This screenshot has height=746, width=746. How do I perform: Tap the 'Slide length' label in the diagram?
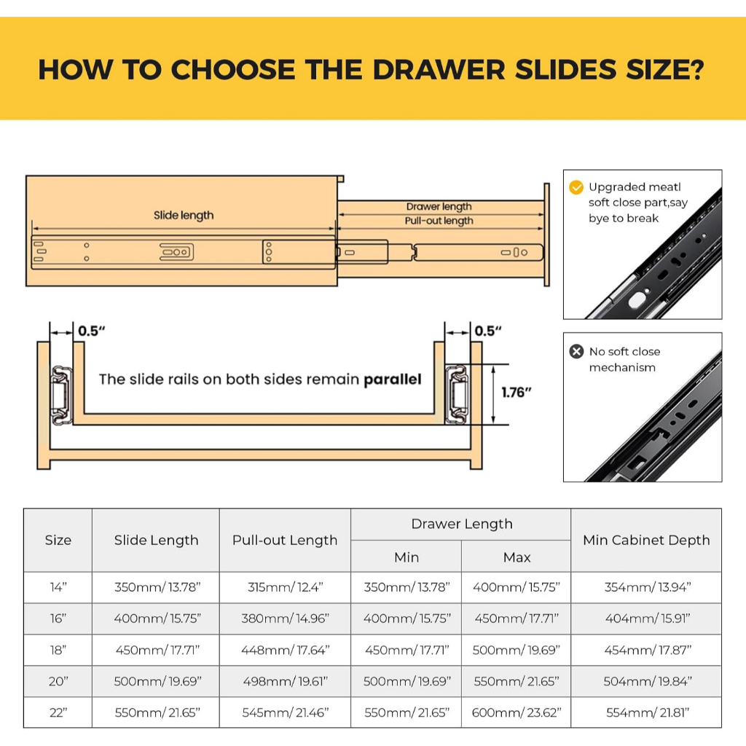[184, 216]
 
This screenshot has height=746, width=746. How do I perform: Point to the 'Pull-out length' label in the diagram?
[439, 221]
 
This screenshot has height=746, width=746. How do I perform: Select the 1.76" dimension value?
[517, 393]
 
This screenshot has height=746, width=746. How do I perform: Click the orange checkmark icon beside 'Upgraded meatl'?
[576, 187]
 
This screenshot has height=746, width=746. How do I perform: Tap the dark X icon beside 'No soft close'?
[576, 352]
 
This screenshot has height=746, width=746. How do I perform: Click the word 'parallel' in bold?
[393, 379]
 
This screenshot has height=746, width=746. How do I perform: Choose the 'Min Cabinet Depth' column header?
[646, 540]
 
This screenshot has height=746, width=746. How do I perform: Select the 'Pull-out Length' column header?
[285, 540]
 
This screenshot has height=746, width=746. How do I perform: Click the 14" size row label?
[58, 587]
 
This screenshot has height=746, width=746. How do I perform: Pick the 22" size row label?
[58, 712]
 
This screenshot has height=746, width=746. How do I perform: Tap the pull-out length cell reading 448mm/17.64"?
[285, 650]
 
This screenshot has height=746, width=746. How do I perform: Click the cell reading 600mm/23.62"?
[517, 712]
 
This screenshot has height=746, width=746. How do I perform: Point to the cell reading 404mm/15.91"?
[647, 619]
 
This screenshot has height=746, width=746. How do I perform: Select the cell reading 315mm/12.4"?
[285, 587]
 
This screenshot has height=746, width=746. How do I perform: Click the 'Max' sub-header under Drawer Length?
[517, 557]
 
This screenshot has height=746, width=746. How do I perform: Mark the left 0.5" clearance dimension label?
[91, 331]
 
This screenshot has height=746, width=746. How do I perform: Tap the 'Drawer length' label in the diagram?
[439, 206]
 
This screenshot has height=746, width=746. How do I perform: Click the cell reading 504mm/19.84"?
[647, 681]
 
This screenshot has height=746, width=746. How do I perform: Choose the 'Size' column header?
[58, 540]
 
